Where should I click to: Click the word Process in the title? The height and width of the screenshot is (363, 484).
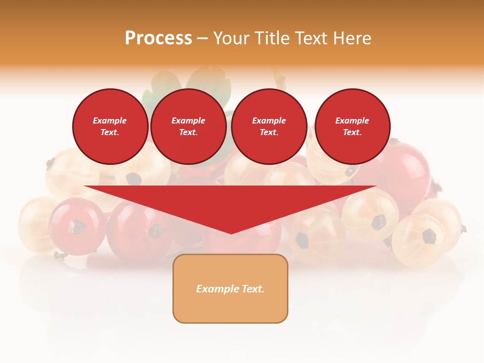click(x=158, y=38)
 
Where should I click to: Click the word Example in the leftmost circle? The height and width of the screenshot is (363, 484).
click(x=110, y=120)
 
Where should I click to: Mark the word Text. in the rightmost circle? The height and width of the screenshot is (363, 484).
click(x=352, y=132)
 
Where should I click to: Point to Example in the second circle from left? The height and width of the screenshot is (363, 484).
click(x=189, y=120)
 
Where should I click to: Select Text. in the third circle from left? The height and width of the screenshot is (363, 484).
click(x=269, y=132)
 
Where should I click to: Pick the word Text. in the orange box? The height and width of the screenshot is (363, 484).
click(x=253, y=289)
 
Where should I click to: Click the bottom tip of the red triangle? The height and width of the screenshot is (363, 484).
click(x=231, y=233)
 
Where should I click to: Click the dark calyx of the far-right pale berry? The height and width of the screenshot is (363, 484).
click(x=429, y=235)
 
